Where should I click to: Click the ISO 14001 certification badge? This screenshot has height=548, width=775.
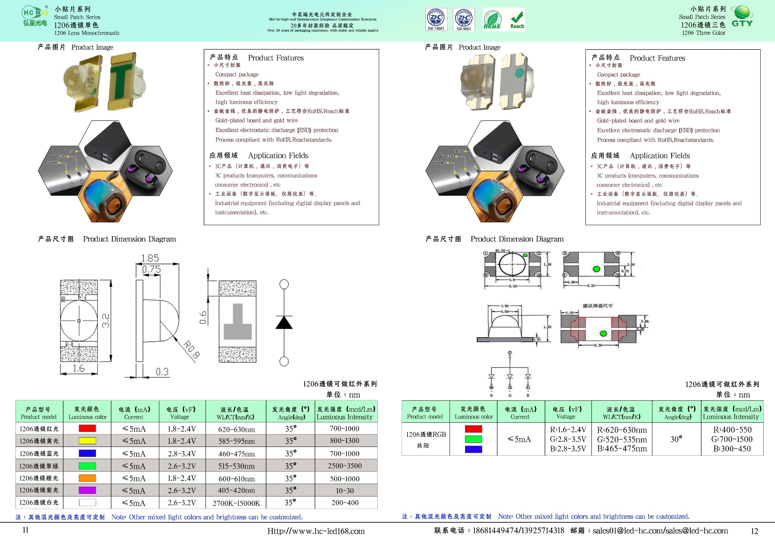pos(436,19)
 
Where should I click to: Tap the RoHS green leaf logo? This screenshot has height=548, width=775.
pos(492,20)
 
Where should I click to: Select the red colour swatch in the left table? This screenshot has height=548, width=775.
pos(87,428)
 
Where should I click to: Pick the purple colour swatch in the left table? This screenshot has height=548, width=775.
pos(87,490)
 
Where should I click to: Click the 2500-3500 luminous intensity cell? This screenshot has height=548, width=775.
pos(345,466)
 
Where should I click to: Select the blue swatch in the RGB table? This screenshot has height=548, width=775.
pos(473,449)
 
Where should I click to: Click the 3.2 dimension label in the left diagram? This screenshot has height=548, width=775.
pos(106,321)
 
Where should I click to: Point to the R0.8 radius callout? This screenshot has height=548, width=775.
pos(191,349)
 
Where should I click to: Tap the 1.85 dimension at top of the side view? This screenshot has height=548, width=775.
pos(150,258)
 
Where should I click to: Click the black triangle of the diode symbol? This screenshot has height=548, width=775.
pos(284,323)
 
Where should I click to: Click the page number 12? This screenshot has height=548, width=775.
pos(754,531)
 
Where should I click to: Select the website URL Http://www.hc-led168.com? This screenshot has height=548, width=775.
pos(316,531)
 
